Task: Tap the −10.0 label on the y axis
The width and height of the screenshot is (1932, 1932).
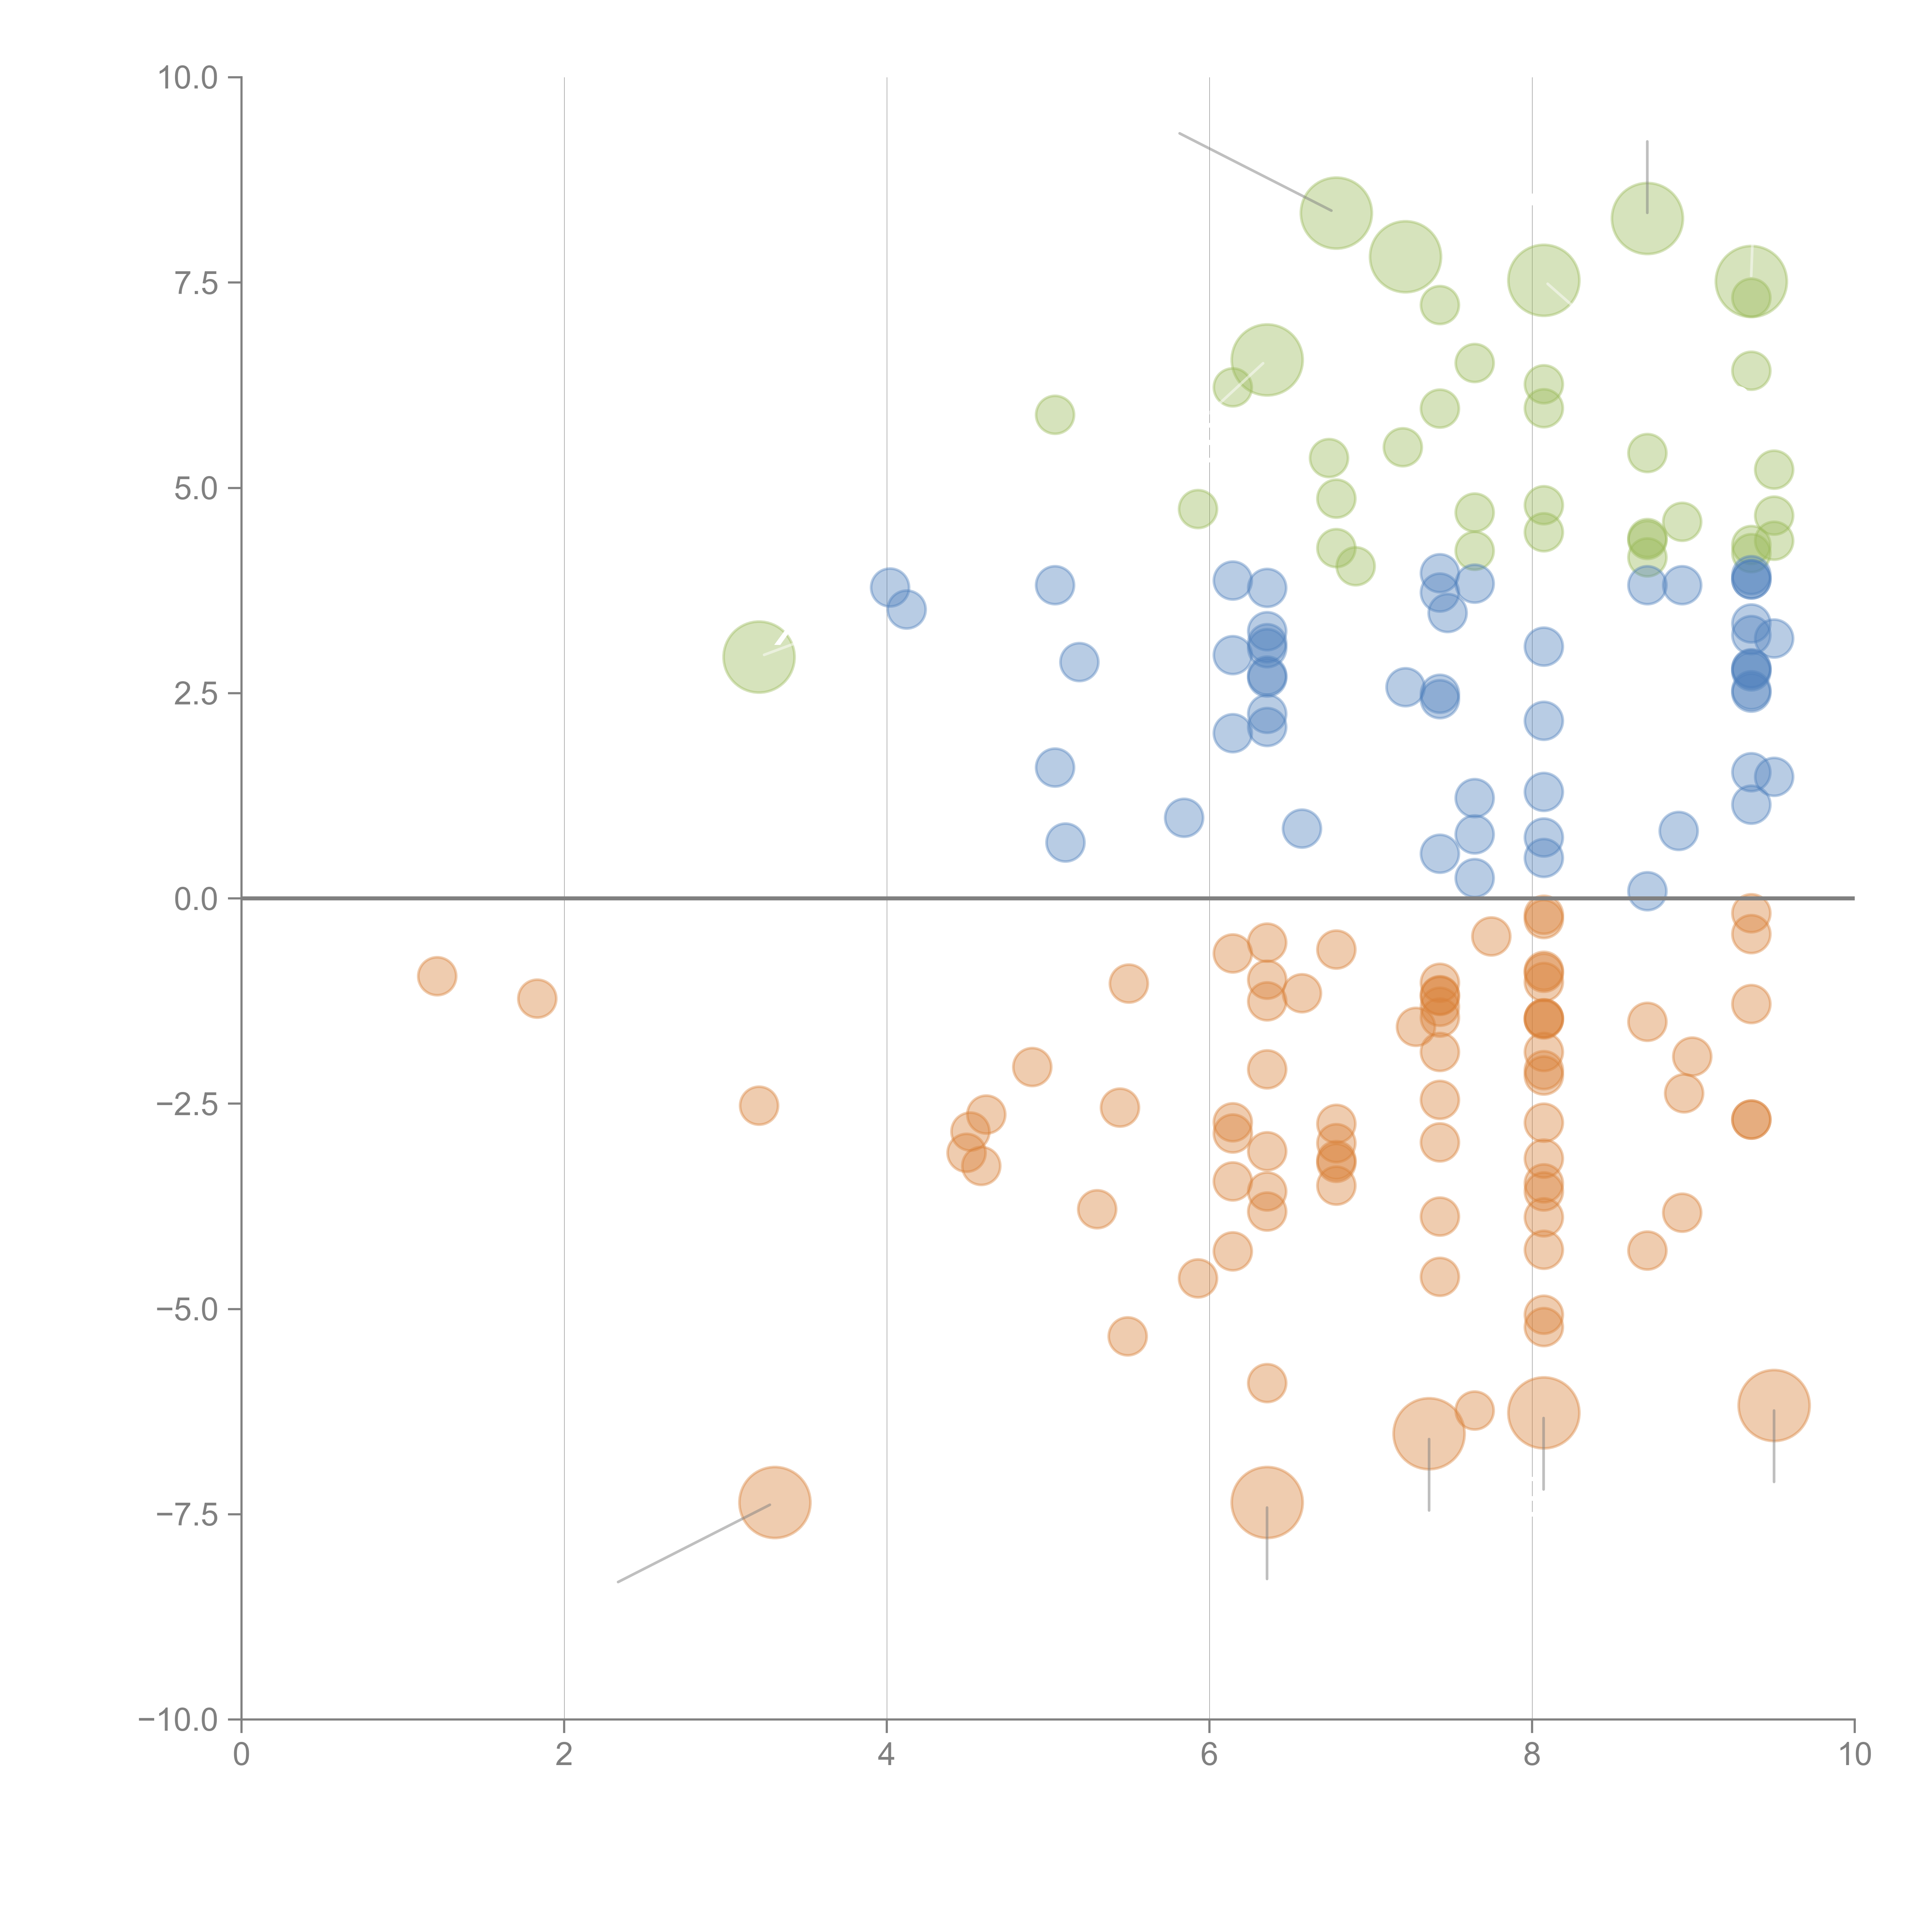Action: [178, 1720]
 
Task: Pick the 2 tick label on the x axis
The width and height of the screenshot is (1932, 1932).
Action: [564, 1755]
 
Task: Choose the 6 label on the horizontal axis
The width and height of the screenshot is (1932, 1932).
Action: [1209, 1755]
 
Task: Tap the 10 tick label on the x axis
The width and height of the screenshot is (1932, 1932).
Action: [1854, 1755]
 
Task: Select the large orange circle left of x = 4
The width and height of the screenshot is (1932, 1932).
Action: [774, 1502]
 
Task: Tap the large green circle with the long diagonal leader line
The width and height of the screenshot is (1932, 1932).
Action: [1336, 212]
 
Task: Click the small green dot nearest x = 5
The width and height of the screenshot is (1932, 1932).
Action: [1054, 414]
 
